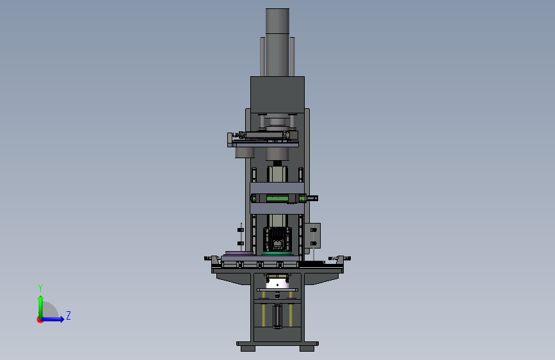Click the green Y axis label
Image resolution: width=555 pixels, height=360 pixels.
40,288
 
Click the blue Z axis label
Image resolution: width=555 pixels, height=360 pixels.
68,315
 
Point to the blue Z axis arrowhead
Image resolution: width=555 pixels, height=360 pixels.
61,319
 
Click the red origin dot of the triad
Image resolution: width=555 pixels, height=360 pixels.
40,320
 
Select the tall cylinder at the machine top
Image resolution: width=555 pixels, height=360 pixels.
278,42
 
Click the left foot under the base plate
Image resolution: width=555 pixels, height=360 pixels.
248,348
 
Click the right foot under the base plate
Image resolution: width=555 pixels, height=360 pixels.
307,348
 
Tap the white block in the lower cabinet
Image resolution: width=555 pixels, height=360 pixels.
278,284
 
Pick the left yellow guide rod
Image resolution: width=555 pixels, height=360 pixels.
264,309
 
